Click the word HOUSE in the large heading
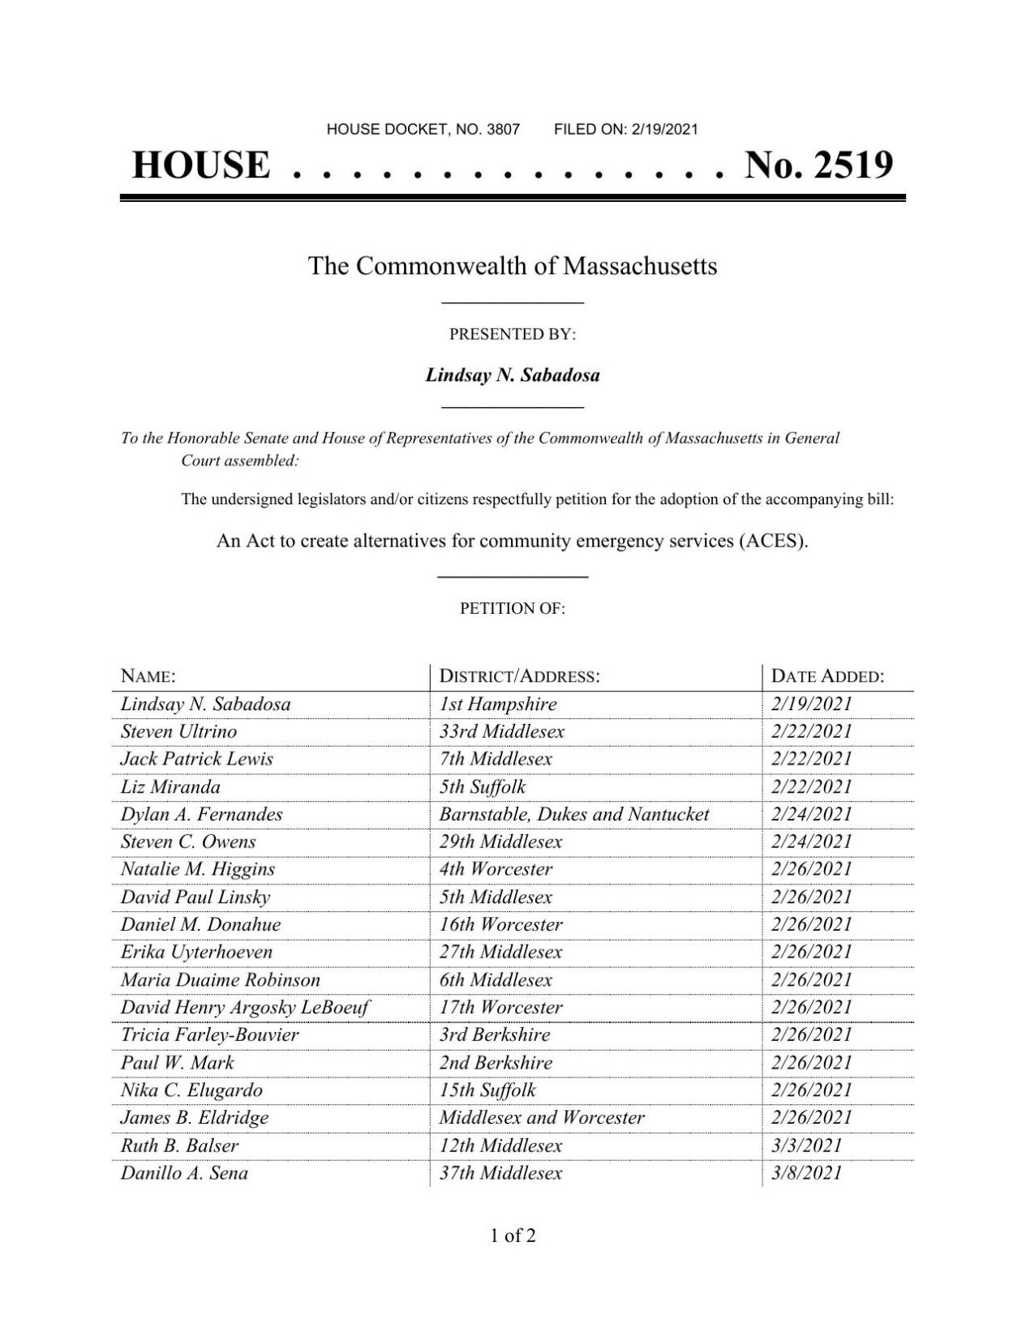click(x=200, y=165)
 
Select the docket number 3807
click(x=503, y=129)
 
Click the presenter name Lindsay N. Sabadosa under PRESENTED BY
click(x=513, y=375)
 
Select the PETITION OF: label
click(x=513, y=608)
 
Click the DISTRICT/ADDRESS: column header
click(x=519, y=676)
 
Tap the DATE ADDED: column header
click(x=827, y=676)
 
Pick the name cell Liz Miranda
click(x=170, y=786)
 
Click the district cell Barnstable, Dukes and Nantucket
click(x=573, y=814)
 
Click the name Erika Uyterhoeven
click(x=196, y=952)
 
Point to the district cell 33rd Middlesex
click(x=501, y=731)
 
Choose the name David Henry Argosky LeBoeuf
click(x=245, y=1007)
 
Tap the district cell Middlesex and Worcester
click(x=541, y=1117)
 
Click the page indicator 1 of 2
click(x=513, y=1236)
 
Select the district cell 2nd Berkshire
click(x=496, y=1062)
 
